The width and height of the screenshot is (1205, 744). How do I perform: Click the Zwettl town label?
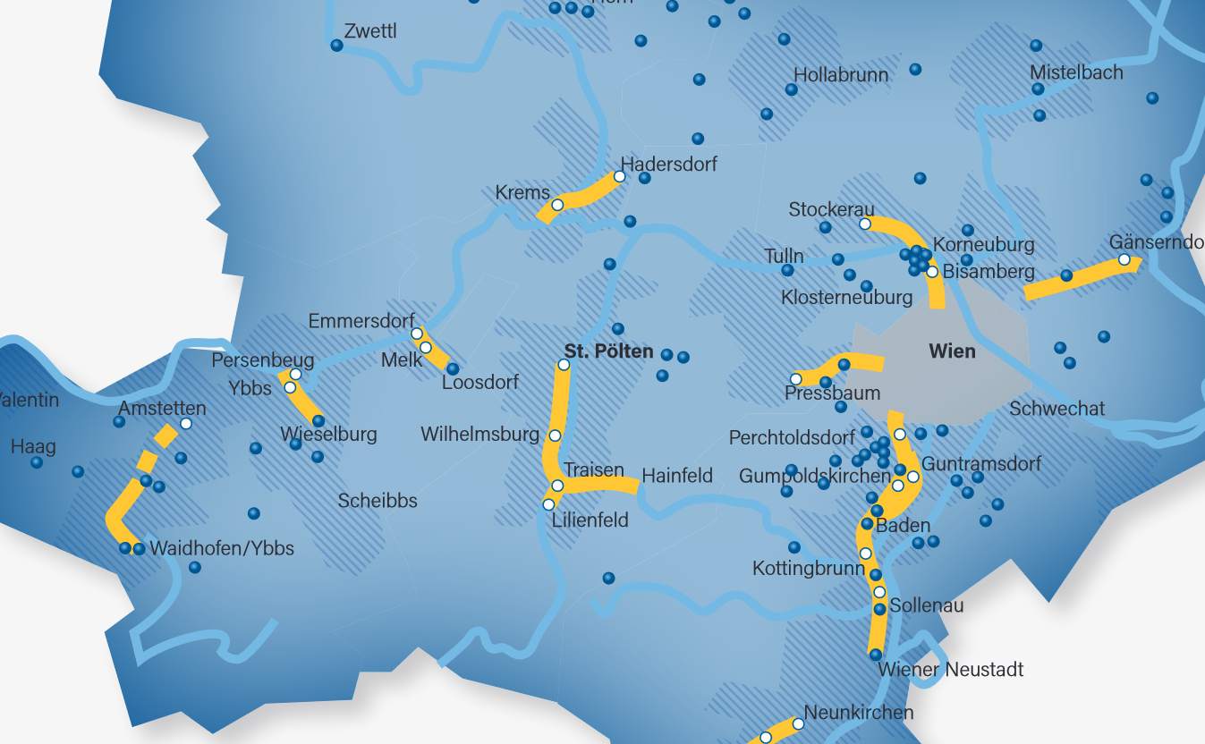tap(369, 31)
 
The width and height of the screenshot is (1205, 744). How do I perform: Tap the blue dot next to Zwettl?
tap(337, 46)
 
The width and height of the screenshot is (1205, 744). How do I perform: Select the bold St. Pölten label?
tap(608, 351)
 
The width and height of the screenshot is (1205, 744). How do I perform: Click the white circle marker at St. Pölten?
tap(564, 365)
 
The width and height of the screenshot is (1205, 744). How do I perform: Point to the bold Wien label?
tap(952, 351)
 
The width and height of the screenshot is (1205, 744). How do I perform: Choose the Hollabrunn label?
tap(841, 74)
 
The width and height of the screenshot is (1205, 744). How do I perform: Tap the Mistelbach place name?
tap(1076, 72)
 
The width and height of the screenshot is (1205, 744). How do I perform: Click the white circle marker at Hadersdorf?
tap(619, 176)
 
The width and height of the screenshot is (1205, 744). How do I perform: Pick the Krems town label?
tap(522, 192)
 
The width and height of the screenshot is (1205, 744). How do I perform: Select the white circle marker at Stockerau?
tap(865, 224)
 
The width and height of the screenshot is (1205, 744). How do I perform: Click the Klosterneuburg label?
tap(846, 297)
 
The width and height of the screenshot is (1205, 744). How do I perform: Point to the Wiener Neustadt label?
tap(950, 669)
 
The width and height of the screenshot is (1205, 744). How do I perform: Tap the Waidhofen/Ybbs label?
tap(222, 548)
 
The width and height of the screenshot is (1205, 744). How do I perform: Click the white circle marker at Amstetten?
tap(186, 423)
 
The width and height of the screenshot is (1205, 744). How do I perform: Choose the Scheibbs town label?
tap(378, 501)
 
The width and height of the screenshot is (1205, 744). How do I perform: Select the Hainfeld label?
tap(677, 476)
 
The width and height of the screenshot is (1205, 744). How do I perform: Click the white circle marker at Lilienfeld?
tap(549, 504)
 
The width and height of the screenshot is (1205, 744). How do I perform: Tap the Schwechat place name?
tap(1056, 409)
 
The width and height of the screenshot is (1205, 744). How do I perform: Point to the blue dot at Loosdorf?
tap(453, 368)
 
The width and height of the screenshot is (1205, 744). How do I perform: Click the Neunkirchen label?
tap(859, 713)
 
